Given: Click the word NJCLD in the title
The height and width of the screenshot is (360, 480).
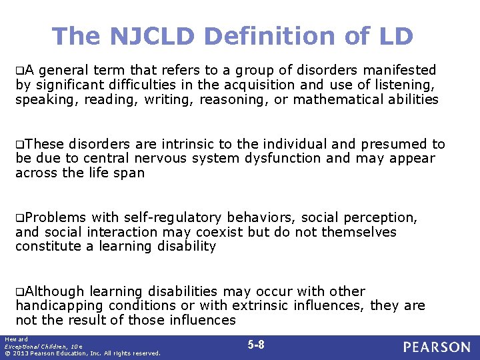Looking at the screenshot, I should point(145,36).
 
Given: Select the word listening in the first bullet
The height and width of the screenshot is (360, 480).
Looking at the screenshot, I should point(403,85).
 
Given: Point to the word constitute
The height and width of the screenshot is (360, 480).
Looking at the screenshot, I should point(45,247).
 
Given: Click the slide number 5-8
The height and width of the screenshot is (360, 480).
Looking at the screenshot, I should point(256,345).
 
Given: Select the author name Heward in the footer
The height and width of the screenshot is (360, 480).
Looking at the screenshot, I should point(13,339).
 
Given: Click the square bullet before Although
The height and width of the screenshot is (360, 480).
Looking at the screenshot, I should point(20,292).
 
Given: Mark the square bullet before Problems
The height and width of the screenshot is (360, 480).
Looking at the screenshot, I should point(20,218).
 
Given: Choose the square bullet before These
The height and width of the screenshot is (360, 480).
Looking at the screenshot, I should point(20,145).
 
